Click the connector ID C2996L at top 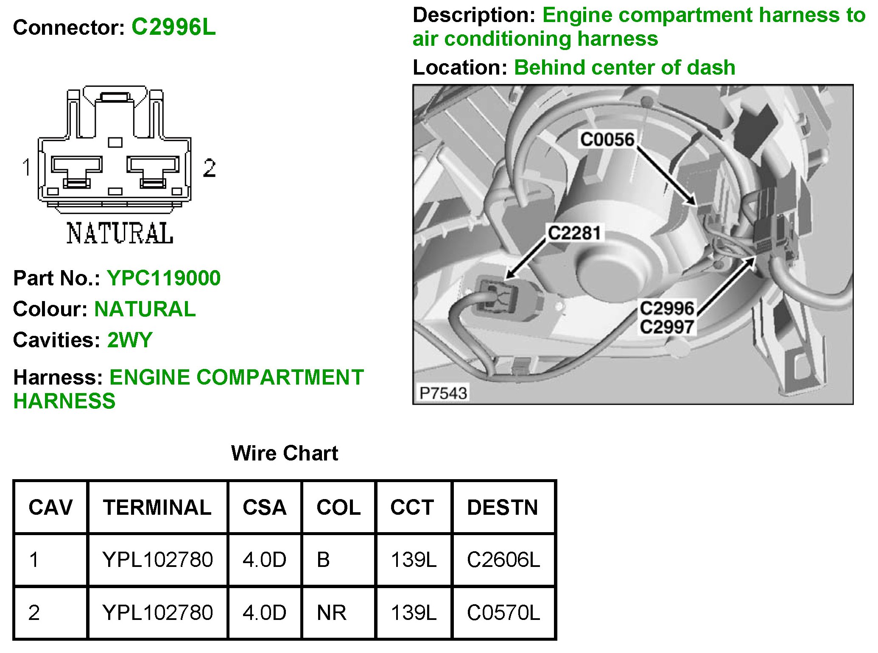pyautogui.click(x=173, y=27)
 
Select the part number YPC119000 pyautogui.click(x=164, y=278)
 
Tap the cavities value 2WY pyautogui.click(x=130, y=340)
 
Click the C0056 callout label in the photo pyautogui.click(x=607, y=140)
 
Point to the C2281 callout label pyautogui.click(x=574, y=233)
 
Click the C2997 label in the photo pyautogui.click(x=667, y=327)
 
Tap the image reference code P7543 pyautogui.click(x=443, y=393)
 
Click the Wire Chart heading pyautogui.click(x=285, y=453)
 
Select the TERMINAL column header pyautogui.click(x=157, y=508)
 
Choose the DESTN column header pyautogui.click(x=503, y=508)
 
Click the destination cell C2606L pyautogui.click(x=503, y=560)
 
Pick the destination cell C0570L pyautogui.click(x=503, y=613)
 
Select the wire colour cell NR pyautogui.click(x=332, y=613)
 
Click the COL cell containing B pyautogui.click(x=323, y=560)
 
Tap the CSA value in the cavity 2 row pyautogui.click(x=264, y=613)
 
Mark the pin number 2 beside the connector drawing pyautogui.click(x=209, y=168)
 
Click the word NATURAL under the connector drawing pyautogui.click(x=120, y=233)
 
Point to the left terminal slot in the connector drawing pyautogui.click(x=77, y=170)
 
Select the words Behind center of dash pyautogui.click(x=624, y=67)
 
